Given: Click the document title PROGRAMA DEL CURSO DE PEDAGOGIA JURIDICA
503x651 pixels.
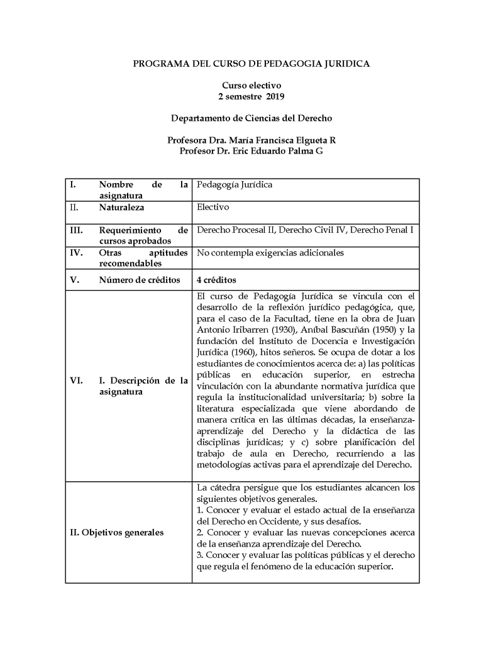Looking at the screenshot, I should (x=251, y=64).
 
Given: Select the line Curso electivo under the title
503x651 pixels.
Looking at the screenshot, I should (x=251, y=85).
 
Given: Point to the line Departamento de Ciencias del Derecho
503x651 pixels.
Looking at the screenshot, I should (x=251, y=118).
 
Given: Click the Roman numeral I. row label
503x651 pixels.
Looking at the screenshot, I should (x=73, y=185).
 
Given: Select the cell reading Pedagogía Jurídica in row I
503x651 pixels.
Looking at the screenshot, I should (x=235, y=185).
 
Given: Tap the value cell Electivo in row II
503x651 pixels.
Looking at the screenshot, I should (x=213, y=207).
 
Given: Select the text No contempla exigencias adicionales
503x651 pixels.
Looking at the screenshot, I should (x=270, y=253).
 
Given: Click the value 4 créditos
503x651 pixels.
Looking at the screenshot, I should (x=216, y=280).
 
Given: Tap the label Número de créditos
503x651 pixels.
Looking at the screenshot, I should (x=140, y=280).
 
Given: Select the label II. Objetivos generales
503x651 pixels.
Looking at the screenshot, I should (x=117, y=533).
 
